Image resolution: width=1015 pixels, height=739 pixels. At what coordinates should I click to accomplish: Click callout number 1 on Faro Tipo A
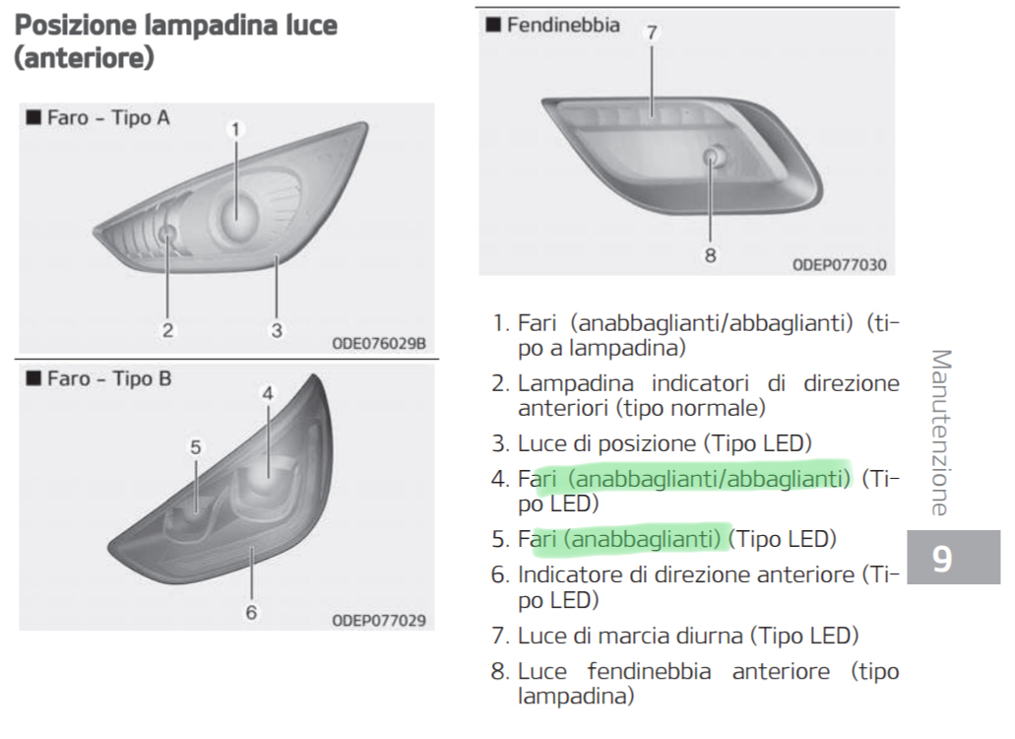(x=235, y=129)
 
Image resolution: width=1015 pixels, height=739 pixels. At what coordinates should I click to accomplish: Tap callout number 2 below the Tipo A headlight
(x=167, y=330)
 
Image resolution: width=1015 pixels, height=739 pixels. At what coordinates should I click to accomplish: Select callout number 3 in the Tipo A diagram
(x=277, y=330)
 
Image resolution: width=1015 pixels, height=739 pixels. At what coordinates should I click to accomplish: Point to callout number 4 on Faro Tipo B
(x=268, y=393)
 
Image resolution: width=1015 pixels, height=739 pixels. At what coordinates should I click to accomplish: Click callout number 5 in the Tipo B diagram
(x=196, y=447)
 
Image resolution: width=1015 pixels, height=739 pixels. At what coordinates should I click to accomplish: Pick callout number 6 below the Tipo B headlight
(x=251, y=612)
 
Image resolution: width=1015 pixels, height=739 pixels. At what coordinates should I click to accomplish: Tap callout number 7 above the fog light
(x=652, y=33)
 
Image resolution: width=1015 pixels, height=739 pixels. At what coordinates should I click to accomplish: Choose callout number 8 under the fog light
(x=710, y=255)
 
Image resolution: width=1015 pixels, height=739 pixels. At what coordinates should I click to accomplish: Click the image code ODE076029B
(x=379, y=343)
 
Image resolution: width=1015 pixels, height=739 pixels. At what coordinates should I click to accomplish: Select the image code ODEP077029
(x=379, y=621)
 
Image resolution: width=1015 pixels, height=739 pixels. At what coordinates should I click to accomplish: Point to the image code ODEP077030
(x=840, y=264)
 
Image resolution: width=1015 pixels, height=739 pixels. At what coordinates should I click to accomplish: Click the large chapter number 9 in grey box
(x=942, y=559)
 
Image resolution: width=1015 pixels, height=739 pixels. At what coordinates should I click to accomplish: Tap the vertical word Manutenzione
(x=941, y=433)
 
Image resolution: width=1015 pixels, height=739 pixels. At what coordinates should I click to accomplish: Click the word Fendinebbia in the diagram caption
(x=563, y=25)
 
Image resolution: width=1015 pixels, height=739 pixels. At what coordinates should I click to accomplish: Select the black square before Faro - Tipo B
(x=33, y=377)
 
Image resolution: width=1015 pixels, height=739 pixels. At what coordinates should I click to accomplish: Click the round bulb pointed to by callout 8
(x=712, y=156)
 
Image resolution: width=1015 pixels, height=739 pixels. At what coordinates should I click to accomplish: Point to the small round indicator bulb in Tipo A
(x=167, y=234)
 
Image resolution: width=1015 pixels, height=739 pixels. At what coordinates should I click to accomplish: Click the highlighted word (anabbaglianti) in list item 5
(x=642, y=539)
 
